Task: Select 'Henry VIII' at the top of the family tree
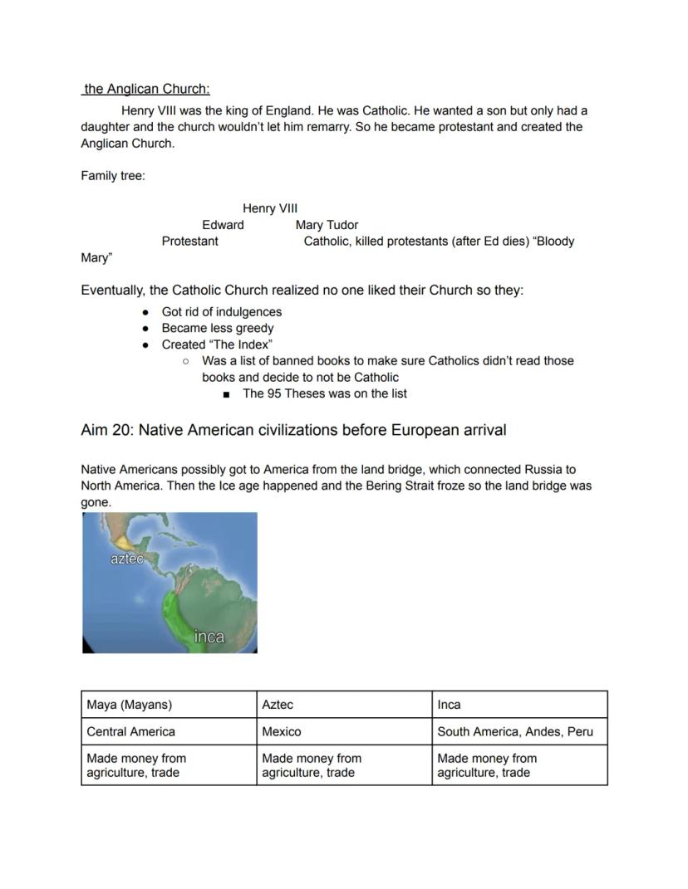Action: [x=269, y=208]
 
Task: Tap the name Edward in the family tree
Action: [x=223, y=225]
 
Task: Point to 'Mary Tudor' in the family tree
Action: [x=327, y=225]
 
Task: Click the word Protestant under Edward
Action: [x=189, y=242]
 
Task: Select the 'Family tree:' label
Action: [x=112, y=176]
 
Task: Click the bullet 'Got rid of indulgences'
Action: [x=221, y=312]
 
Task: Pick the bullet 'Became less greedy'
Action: [x=217, y=328]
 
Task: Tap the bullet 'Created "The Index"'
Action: [x=217, y=344]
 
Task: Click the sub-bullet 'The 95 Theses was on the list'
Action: [x=324, y=393]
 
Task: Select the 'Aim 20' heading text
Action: [x=293, y=430]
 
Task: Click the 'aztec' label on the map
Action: [x=126, y=559]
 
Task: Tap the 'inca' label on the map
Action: [x=209, y=637]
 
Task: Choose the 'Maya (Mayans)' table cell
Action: [x=130, y=705]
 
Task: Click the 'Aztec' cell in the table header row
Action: [x=278, y=705]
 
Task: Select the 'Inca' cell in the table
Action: [x=449, y=705]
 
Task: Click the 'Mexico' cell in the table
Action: [x=282, y=731]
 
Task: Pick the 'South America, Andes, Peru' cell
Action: [x=515, y=731]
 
